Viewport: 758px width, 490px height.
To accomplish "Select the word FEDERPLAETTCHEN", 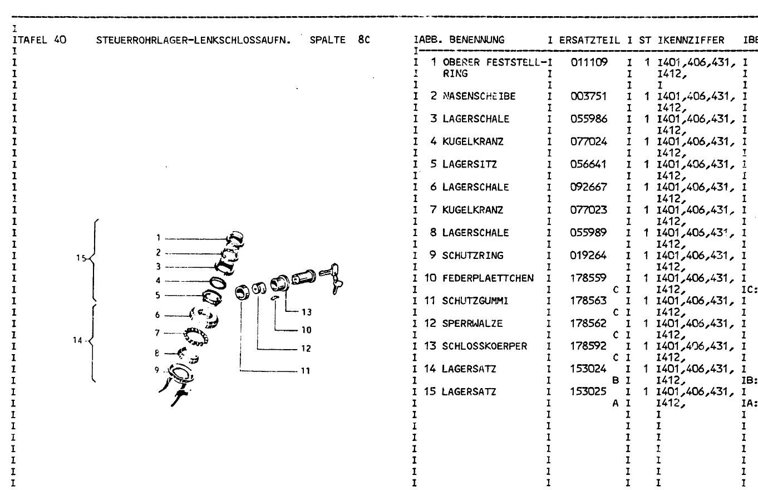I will point(488,278).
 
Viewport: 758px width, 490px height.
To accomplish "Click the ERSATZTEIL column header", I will point(589,40).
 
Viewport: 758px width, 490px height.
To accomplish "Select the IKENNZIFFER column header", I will point(691,40).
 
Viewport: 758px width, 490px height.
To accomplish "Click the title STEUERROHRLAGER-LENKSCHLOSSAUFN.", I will point(194,40).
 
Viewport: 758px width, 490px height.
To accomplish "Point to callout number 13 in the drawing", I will point(307,312).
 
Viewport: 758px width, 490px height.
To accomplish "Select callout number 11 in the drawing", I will point(306,371).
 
